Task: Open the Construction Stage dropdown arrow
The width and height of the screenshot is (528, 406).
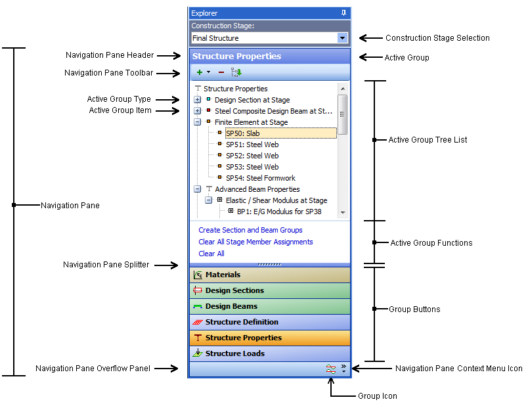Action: click(x=342, y=38)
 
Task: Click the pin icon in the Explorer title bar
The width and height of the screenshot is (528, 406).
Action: click(x=343, y=13)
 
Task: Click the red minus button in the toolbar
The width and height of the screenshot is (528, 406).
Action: click(x=221, y=72)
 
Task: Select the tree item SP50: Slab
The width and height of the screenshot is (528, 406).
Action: click(x=242, y=133)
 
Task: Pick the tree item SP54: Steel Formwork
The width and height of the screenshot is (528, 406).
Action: click(x=260, y=178)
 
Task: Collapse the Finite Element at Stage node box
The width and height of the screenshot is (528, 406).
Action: click(x=198, y=122)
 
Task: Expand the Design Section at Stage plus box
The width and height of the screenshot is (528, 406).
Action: click(x=198, y=100)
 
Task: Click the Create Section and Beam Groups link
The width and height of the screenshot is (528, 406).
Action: click(x=250, y=230)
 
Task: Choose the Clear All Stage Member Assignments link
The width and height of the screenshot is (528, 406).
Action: click(x=255, y=242)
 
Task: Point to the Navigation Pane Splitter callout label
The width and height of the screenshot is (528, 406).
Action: click(x=106, y=265)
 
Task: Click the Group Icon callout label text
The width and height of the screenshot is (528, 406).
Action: click(x=377, y=396)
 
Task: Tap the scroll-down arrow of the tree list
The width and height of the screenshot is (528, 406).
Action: click(x=342, y=213)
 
